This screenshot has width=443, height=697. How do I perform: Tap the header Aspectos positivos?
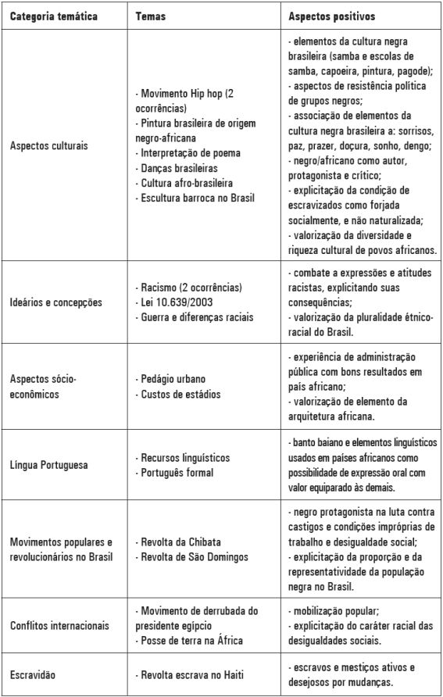point(331,16)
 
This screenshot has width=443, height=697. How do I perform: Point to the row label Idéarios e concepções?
point(55,302)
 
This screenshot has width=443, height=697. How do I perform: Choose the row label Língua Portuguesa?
point(48,465)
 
